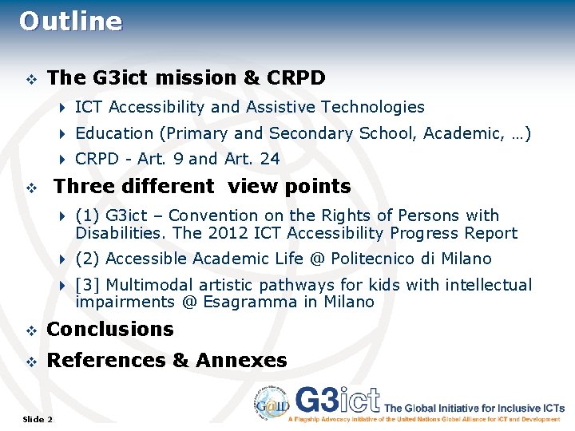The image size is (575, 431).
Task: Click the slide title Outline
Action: (x=71, y=22)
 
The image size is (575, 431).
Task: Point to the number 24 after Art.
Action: (x=270, y=159)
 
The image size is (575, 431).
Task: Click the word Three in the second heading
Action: (x=83, y=186)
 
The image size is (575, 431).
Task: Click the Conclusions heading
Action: (x=110, y=329)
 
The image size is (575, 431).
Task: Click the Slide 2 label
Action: (x=38, y=419)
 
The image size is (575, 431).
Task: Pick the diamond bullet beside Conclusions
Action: (x=31, y=330)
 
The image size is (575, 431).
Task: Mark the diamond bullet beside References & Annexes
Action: (x=31, y=361)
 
